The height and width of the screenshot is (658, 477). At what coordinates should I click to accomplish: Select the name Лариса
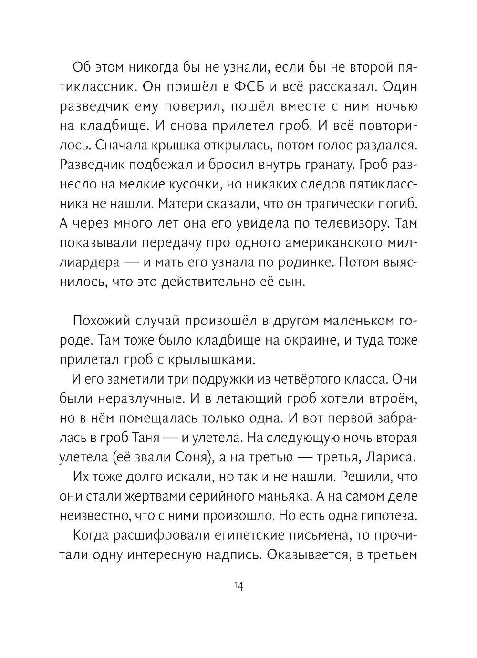click(x=393, y=457)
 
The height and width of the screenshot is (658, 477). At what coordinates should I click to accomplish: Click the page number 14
click(x=238, y=586)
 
